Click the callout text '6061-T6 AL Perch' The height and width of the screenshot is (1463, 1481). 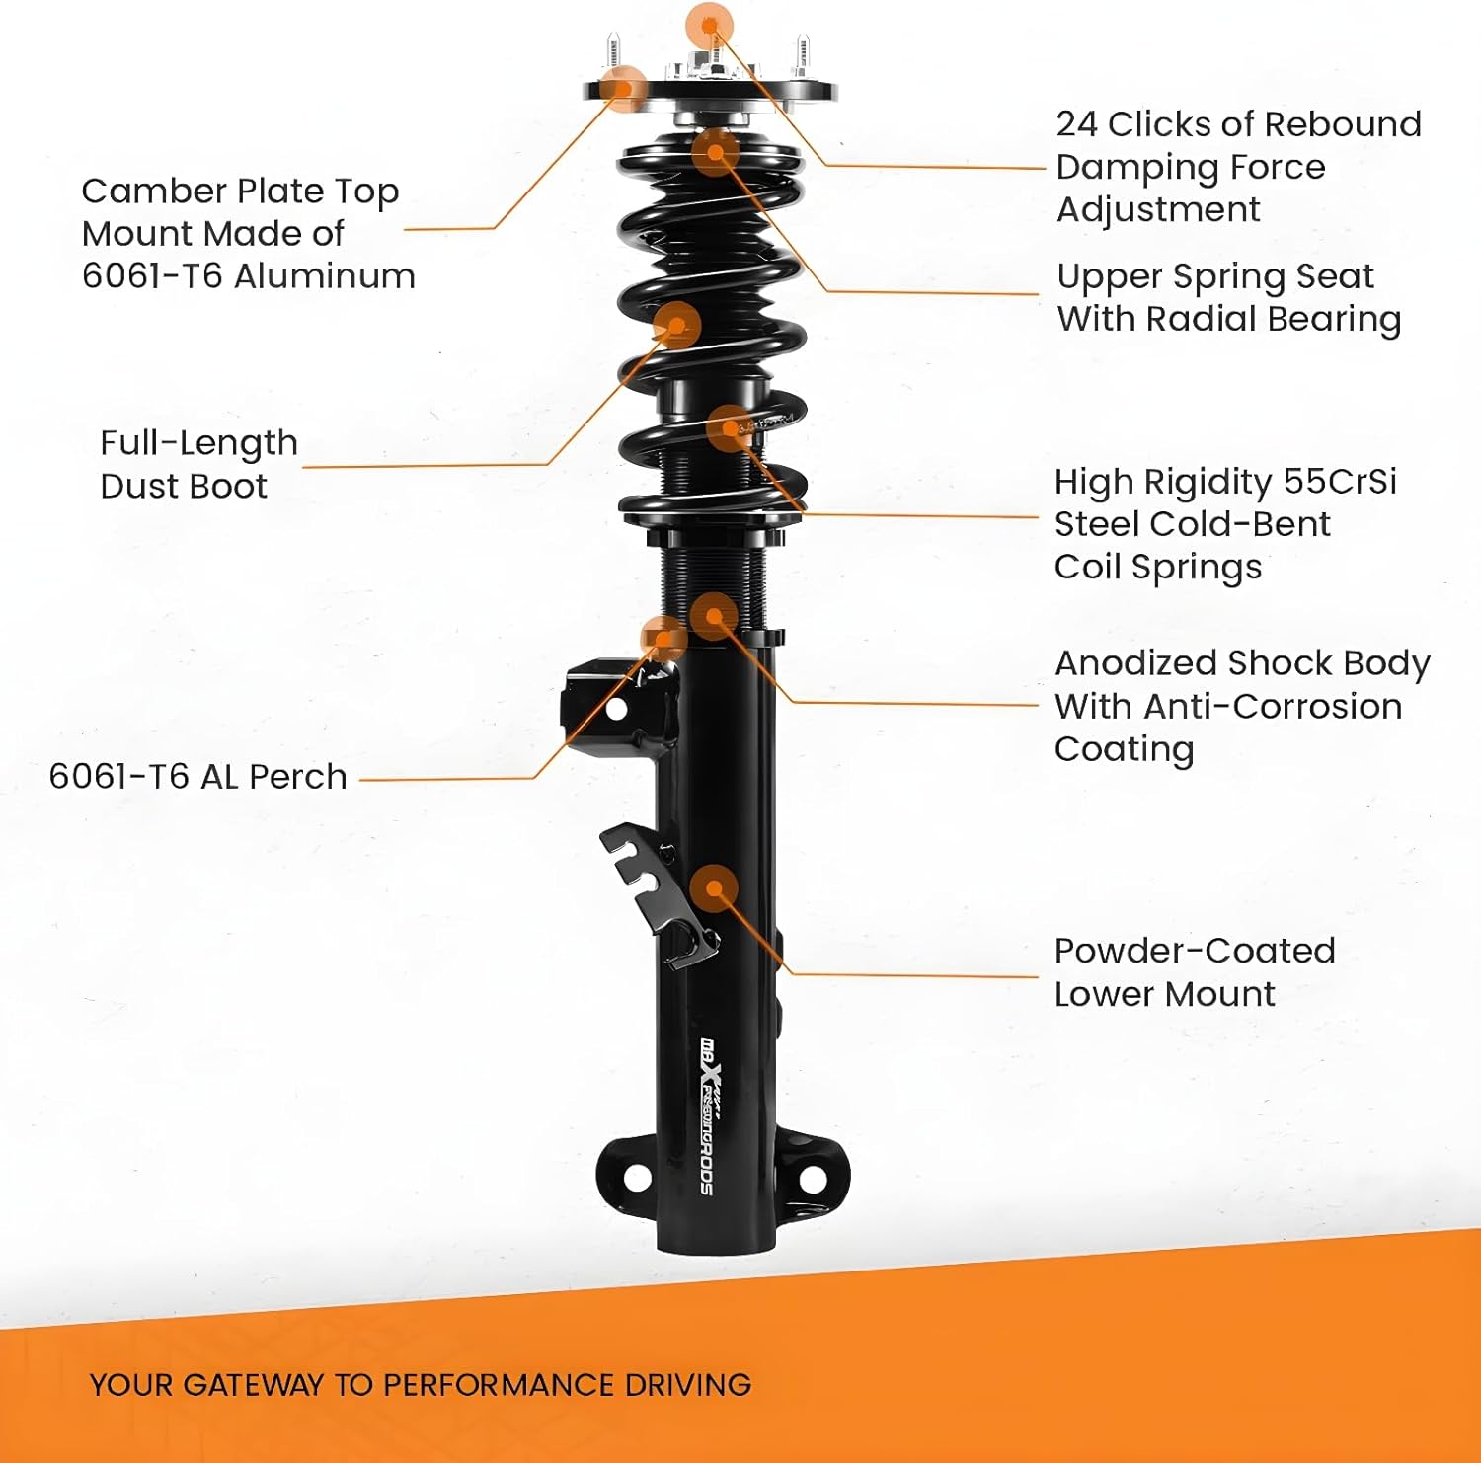tap(197, 777)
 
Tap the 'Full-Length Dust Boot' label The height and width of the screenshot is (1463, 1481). tap(198, 464)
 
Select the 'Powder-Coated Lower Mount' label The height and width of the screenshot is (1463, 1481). tap(1194, 972)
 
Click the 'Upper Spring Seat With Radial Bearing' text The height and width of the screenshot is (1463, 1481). tap(1228, 297)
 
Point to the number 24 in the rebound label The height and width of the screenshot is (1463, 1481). tap(1076, 124)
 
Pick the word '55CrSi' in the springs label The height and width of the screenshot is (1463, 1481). tap(1340, 482)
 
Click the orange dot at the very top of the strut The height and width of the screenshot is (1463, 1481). tap(709, 23)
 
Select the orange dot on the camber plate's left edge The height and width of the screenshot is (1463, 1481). tap(623, 89)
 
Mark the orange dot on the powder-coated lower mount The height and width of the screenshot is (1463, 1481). tap(714, 888)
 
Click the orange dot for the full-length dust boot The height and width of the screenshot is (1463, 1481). tap(677, 324)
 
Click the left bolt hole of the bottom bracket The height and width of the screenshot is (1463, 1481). tap(637, 1177)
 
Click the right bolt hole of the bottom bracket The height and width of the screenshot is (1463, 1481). tap(812, 1178)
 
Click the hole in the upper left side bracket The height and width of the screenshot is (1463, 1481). tap(616, 709)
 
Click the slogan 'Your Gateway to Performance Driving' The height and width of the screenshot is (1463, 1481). tap(421, 1385)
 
